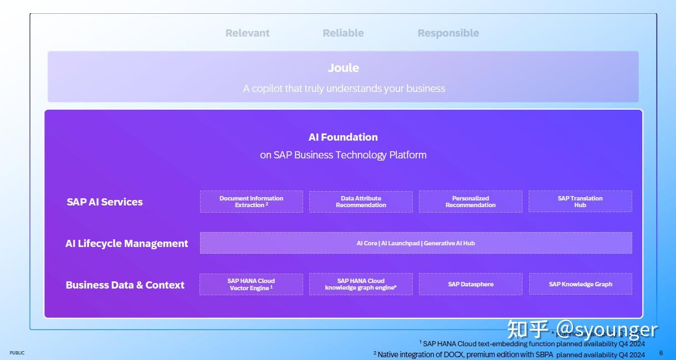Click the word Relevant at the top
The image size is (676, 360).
coord(247,33)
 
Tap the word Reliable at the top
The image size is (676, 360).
coord(343,33)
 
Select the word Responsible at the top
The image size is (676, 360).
coord(448,33)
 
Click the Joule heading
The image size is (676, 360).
coord(343,68)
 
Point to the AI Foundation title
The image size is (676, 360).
coord(343,137)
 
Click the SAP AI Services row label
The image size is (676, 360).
coord(105,202)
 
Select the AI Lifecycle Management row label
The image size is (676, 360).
coord(127,244)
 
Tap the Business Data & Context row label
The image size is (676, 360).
coord(125,285)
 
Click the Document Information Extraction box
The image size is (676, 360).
coord(251,202)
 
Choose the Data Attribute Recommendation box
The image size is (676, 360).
coord(361,202)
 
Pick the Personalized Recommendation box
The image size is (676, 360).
coord(470,202)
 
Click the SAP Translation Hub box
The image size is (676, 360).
coord(580,202)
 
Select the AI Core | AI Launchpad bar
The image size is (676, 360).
coord(416,243)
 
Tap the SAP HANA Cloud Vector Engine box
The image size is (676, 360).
coord(251,284)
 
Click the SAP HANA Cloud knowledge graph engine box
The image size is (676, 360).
coord(361,284)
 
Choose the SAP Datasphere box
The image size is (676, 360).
coord(470,284)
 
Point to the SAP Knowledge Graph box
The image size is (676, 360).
coord(580,284)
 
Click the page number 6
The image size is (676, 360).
coord(660,353)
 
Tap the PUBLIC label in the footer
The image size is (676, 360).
coord(17,353)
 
